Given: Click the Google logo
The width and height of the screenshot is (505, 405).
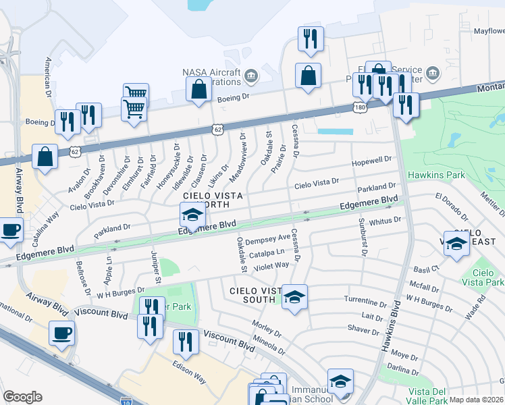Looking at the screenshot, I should coord(22,397).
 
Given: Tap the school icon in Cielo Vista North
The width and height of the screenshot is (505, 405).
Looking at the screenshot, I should coord(192,216).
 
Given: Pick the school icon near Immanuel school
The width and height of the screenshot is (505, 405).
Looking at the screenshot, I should coord(340,381).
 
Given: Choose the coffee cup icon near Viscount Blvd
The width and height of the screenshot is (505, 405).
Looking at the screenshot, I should coord(61,333).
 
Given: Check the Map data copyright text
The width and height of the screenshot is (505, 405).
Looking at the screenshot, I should coord(476,400).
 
